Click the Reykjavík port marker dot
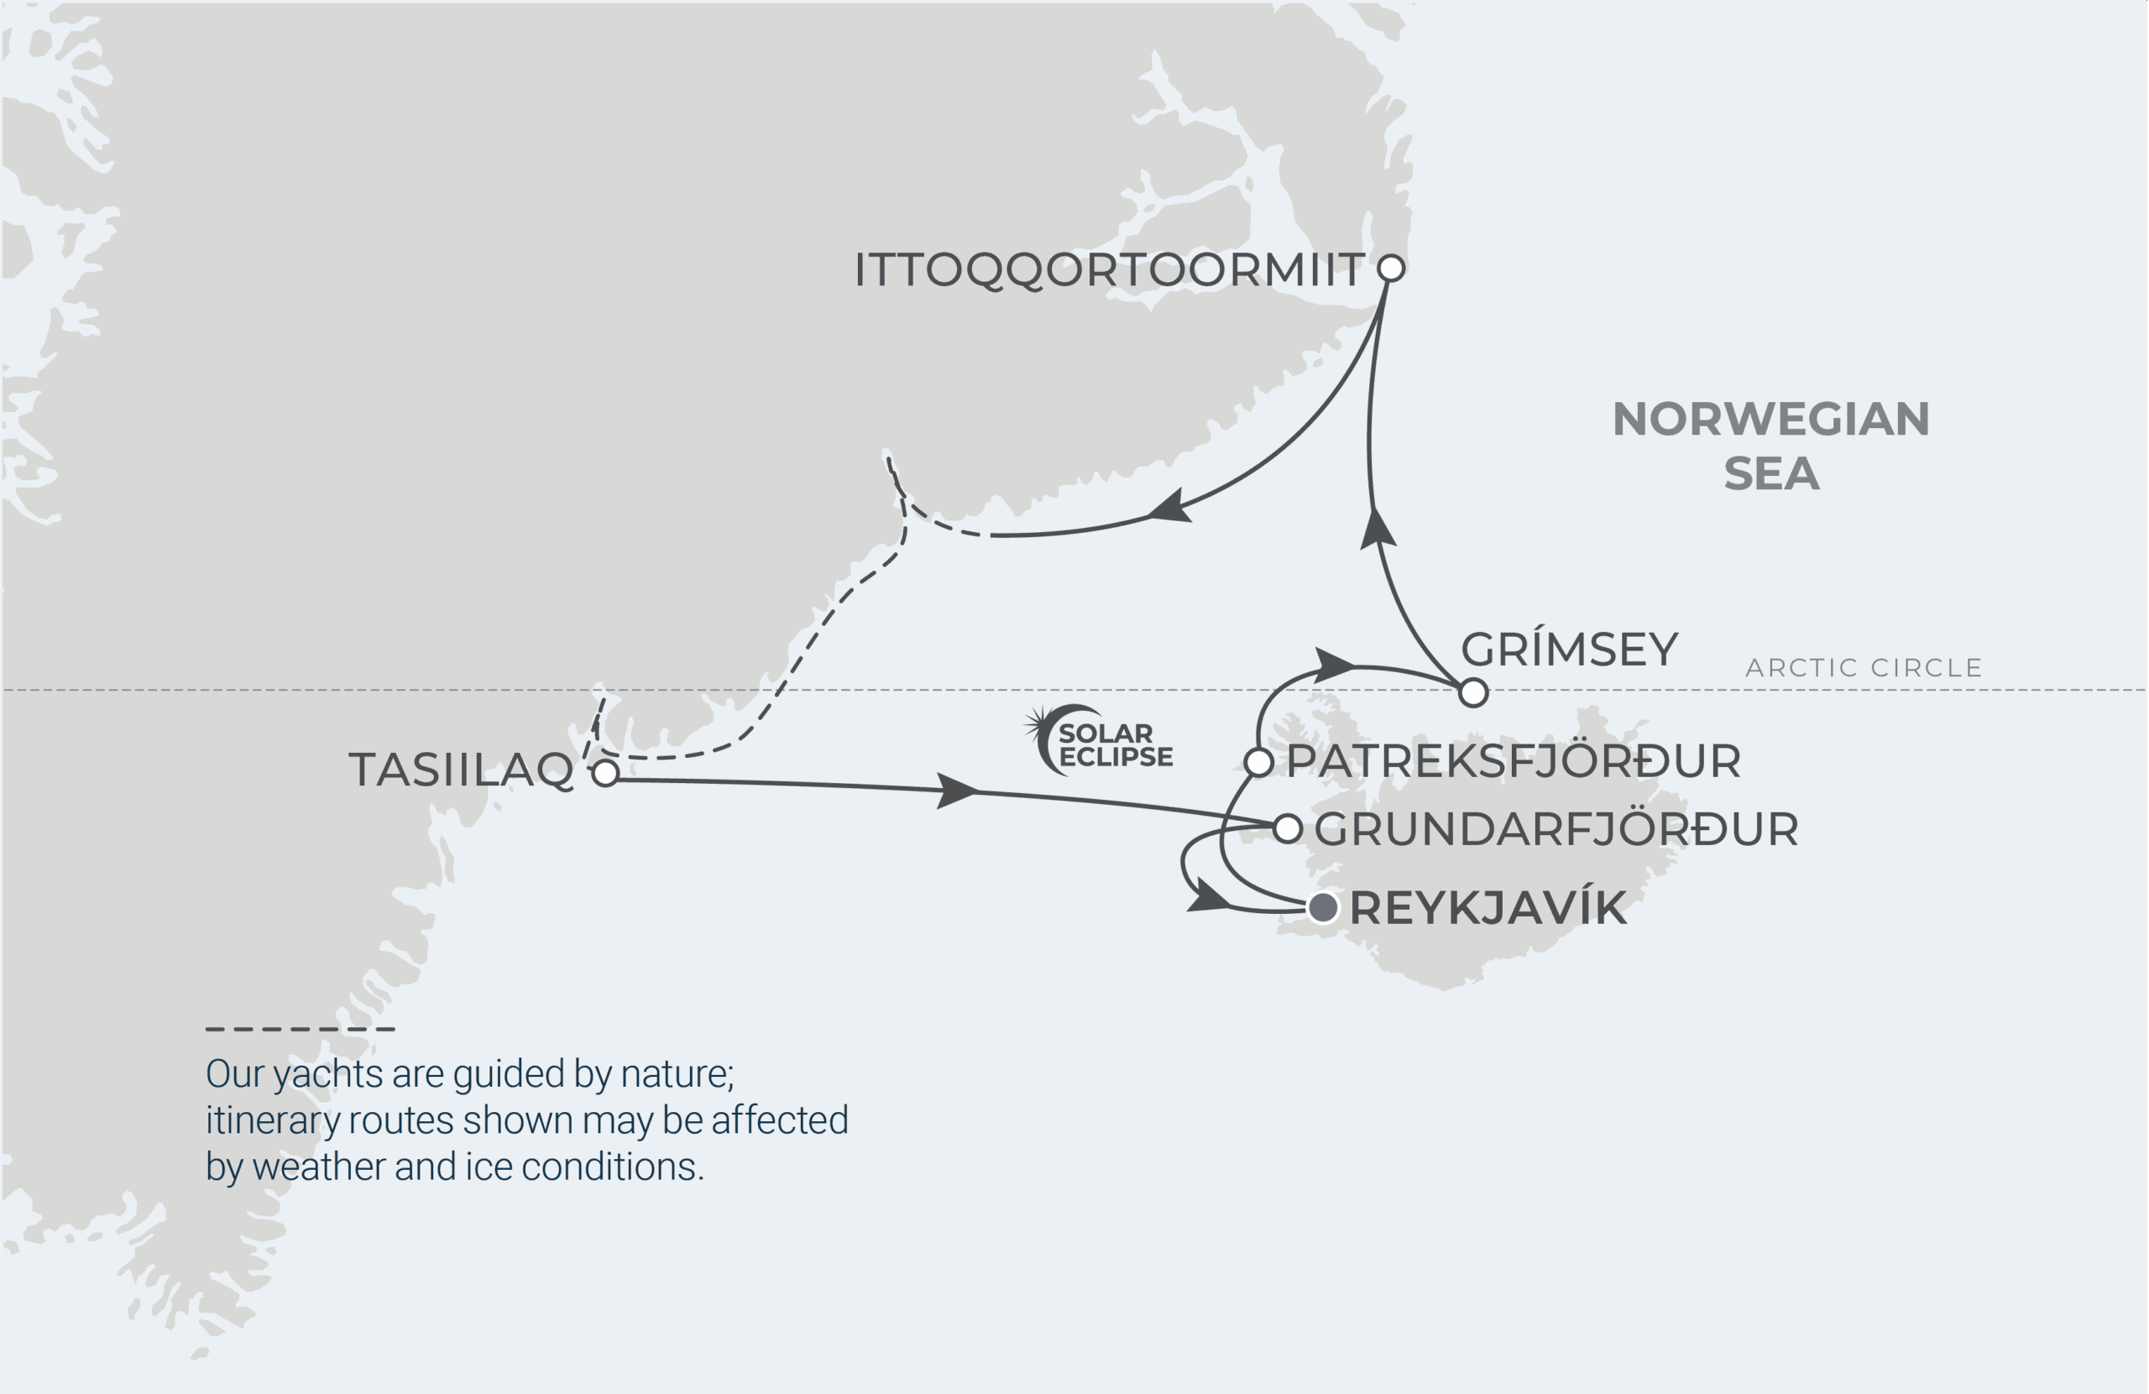[1323, 906]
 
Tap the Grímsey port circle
[1472, 692]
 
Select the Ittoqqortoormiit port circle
[1392, 269]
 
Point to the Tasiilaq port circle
[605, 773]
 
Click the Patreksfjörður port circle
[1258, 762]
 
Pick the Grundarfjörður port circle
[1288, 828]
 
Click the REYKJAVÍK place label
[1488, 908]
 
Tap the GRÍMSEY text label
[1569, 649]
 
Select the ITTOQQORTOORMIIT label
[1109, 270]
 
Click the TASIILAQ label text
[462, 770]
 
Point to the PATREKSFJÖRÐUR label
[1514, 761]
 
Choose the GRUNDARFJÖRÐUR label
[1556, 830]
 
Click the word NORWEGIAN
[1770, 419]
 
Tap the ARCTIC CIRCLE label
[1864, 668]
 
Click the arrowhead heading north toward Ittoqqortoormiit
[1377, 527]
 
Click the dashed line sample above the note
[301, 1028]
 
